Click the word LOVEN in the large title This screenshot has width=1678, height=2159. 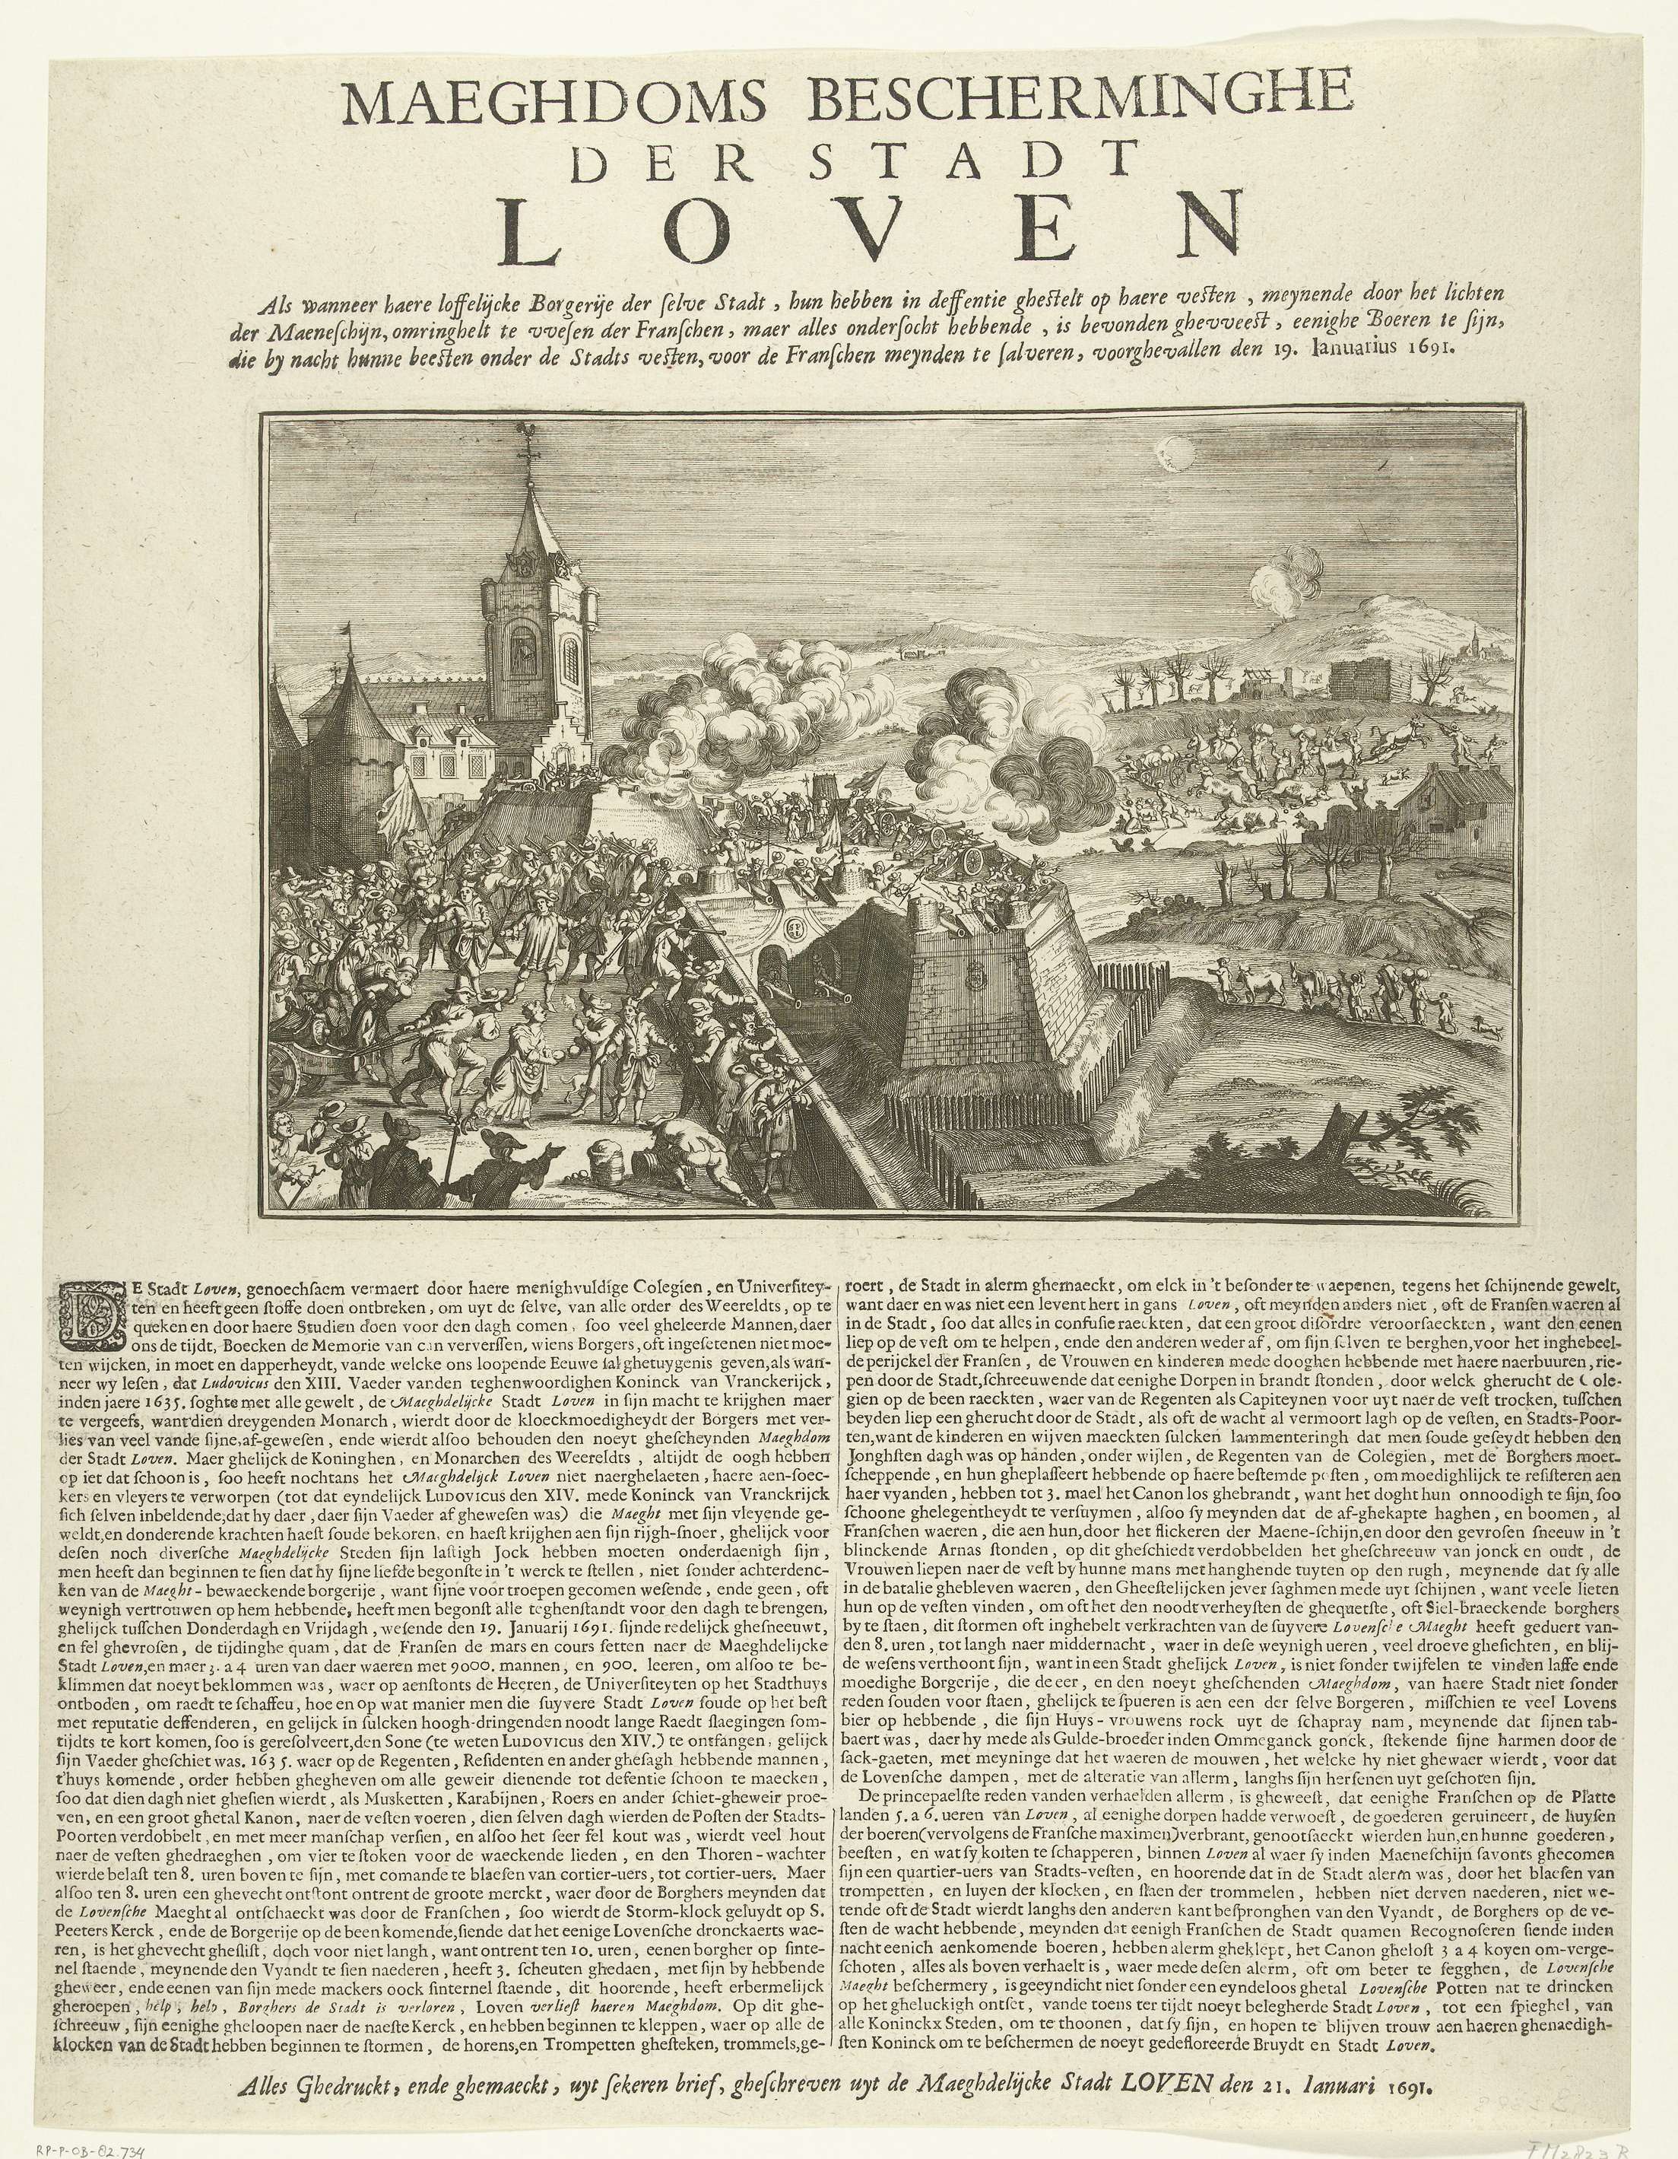pos(870,232)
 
